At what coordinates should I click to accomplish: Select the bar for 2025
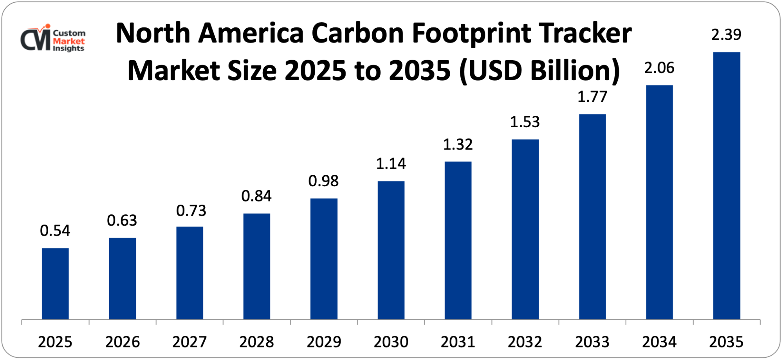pyautogui.click(x=55, y=284)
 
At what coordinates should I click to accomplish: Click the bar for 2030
pyautogui.click(x=391, y=250)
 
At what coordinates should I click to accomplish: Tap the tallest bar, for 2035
pyautogui.click(x=726, y=186)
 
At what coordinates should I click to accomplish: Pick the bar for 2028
pyautogui.click(x=256, y=266)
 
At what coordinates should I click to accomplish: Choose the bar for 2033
pyautogui.click(x=592, y=217)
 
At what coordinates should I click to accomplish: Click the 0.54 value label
pyautogui.click(x=55, y=231)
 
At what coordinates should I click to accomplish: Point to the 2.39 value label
pyautogui.click(x=726, y=35)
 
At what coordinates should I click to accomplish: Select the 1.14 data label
pyautogui.click(x=391, y=164)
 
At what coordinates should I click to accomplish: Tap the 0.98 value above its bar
pyautogui.click(x=323, y=181)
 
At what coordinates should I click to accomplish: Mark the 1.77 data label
pyautogui.click(x=592, y=97)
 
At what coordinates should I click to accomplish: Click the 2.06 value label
pyautogui.click(x=659, y=68)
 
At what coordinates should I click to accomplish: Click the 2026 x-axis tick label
pyautogui.click(x=123, y=342)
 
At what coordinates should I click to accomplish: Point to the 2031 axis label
pyautogui.click(x=458, y=342)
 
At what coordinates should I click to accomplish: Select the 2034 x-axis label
pyautogui.click(x=659, y=342)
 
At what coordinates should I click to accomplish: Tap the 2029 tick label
pyautogui.click(x=324, y=342)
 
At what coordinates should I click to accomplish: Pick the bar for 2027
pyautogui.click(x=189, y=273)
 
